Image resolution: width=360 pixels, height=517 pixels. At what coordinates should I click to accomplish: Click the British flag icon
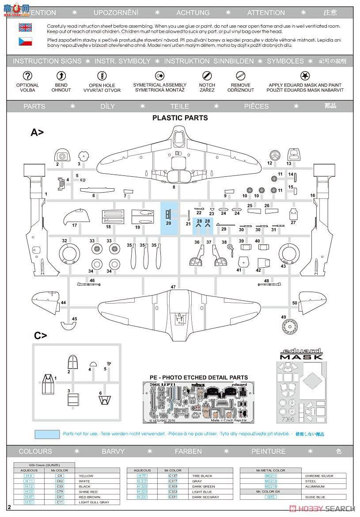[x=25, y=28]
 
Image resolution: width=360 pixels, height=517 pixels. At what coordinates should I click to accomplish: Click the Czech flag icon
[x=25, y=42]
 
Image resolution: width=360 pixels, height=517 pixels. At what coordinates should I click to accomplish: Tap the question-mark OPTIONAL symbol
[x=27, y=76]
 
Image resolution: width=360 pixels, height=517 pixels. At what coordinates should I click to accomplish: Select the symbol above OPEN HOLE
[x=102, y=76]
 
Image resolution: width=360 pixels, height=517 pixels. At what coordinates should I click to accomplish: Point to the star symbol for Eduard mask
[x=305, y=76]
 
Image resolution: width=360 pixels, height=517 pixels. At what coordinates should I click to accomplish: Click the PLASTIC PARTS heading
[x=180, y=118]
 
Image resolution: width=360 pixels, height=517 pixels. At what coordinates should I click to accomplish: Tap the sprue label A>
[x=37, y=132]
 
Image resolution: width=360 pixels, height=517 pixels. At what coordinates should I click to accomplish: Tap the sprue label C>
[x=40, y=336]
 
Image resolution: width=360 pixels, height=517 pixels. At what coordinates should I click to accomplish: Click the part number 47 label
[x=173, y=287]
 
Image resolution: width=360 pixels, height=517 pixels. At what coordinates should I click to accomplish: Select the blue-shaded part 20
[x=168, y=215]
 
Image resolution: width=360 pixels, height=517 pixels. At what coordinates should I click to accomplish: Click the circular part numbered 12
[x=275, y=155]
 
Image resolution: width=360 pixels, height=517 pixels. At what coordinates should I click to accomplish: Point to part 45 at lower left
[x=68, y=326]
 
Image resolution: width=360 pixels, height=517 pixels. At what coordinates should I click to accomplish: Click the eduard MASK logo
[x=301, y=354]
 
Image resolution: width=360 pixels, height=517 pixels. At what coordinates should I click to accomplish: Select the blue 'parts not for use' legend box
[x=46, y=434]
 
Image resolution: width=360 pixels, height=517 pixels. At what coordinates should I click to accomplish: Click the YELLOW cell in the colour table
[x=87, y=476]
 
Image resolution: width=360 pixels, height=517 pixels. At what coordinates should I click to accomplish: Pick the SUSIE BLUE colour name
[x=315, y=497]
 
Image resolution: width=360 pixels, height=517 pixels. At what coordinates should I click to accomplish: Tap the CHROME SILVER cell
[x=319, y=476]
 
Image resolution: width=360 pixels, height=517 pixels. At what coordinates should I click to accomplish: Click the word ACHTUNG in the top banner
[x=193, y=13]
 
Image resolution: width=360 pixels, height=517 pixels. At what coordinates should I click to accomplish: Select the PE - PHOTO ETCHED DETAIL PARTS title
[x=195, y=377]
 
